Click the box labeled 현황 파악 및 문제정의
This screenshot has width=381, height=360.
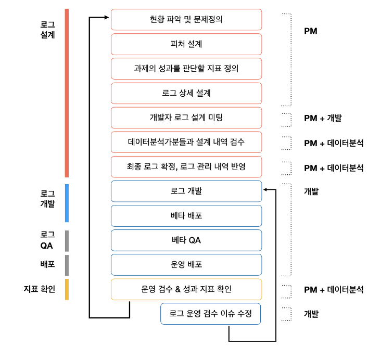tap(186, 20)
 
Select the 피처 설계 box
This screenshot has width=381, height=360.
tap(186, 44)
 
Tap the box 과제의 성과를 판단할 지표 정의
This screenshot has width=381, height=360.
tap(186, 69)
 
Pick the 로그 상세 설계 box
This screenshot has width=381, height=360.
tap(186, 93)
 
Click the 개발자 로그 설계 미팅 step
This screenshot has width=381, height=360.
tap(186, 118)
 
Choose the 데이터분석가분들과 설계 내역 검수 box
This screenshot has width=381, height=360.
tap(186, 142)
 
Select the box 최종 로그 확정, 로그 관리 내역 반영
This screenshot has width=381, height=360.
tap(186, 166)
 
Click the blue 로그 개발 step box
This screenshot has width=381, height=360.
tap(186, 191)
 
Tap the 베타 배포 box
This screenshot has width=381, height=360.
tap(186, 215)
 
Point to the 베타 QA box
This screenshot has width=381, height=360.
tap(186, 240)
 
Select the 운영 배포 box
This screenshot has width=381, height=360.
tap(186, 264)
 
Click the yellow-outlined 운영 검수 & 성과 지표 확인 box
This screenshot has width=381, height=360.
tap(186, 289)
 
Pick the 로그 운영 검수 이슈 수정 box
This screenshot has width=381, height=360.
tap(210, 314)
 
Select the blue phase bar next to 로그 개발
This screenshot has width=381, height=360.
tap(67, 203)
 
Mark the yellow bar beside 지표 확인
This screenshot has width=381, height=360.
tap(67, 289)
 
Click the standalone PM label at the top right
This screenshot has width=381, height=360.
tap(311, 31)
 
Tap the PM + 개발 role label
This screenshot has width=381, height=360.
tap(323, 118)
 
